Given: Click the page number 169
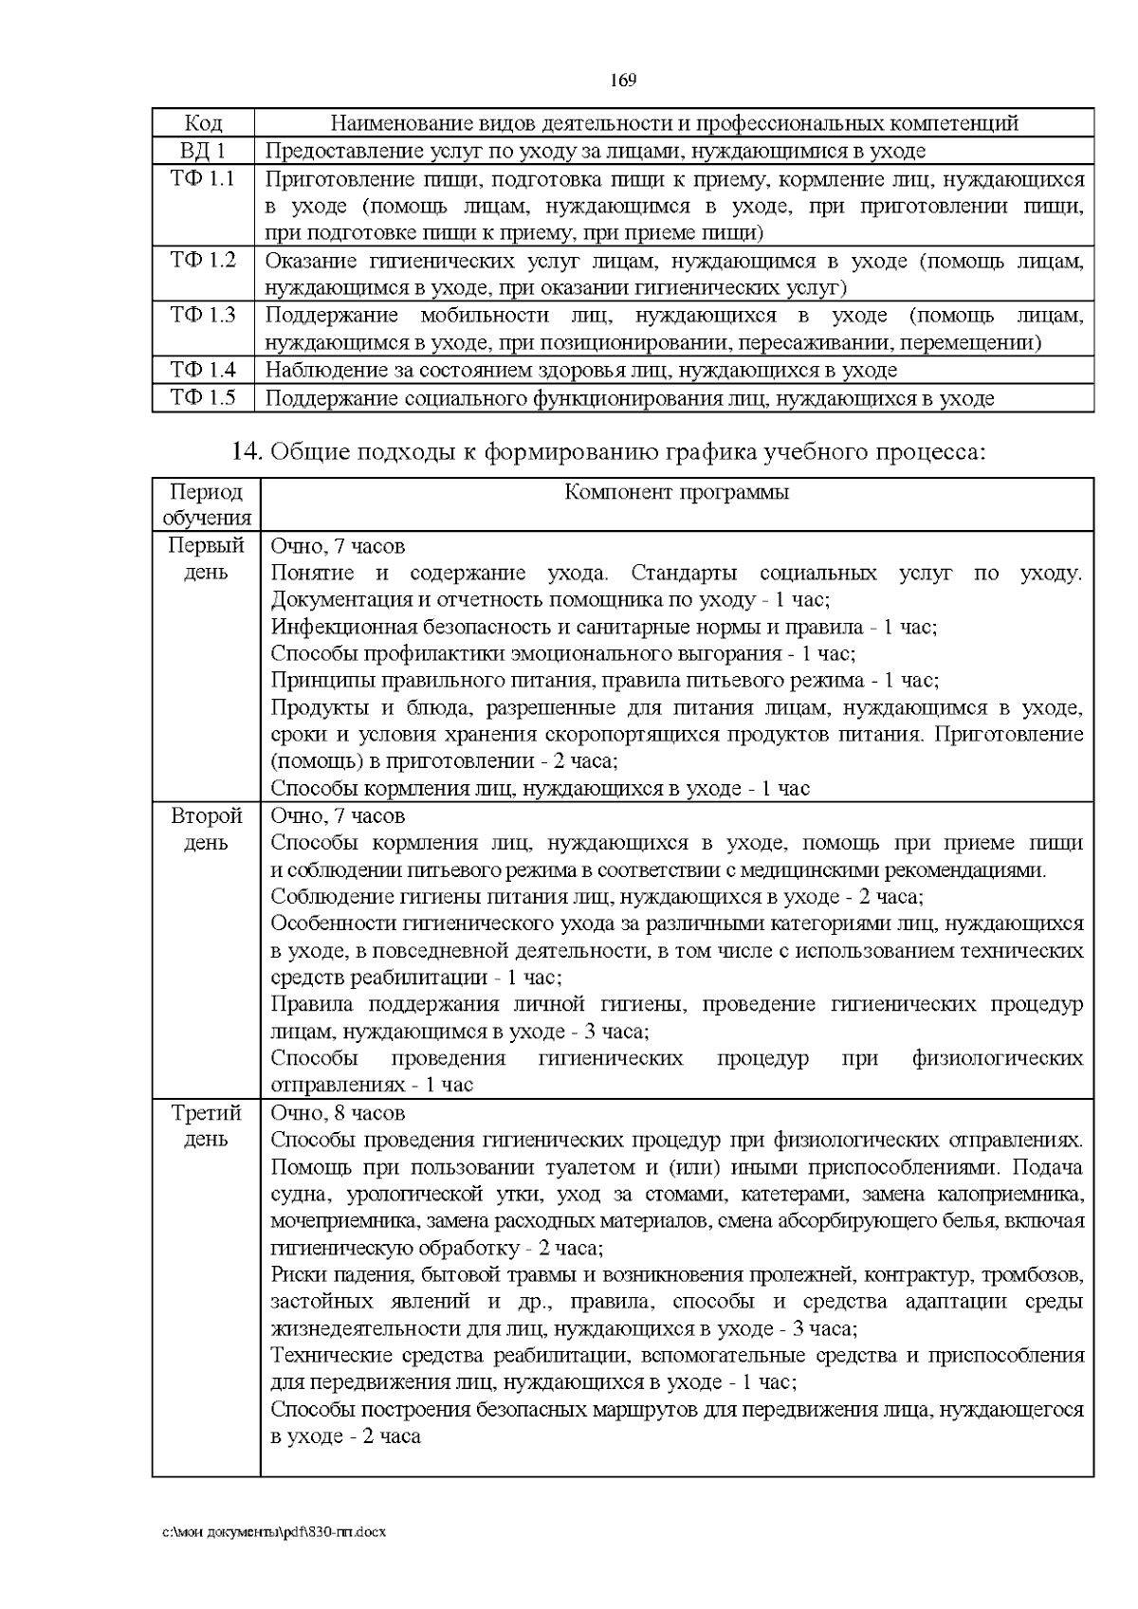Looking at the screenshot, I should (622, 80).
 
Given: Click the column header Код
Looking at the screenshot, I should (203, 123).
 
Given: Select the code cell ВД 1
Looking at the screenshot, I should (203, 151).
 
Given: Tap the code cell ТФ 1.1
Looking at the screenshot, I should (203, 178).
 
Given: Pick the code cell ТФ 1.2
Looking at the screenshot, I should (203, 260).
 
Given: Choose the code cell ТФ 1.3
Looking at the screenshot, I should (203, 315).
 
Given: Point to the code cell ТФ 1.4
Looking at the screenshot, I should (203, 370).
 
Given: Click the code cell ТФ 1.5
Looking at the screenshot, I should (203, 397).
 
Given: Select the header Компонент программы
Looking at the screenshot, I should (676, 492).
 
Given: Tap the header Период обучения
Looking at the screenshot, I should (206, 504).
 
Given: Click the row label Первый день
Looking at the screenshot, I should (206, 559).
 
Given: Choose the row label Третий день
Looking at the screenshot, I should (206, 1126).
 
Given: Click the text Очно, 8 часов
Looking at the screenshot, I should (338, 1113).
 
